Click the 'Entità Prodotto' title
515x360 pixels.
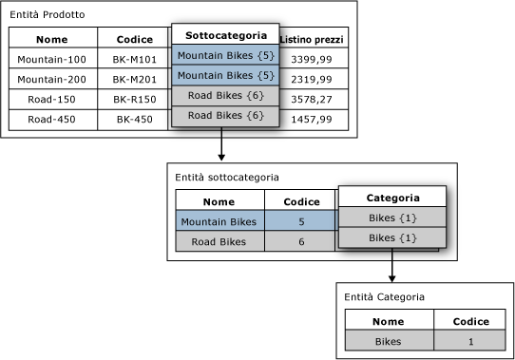[48, 14]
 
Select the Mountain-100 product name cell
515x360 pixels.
[53, 58]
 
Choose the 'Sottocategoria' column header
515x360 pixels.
[225, 34]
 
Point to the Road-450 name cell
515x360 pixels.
[53, 120]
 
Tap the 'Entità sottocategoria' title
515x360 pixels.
[227, 178]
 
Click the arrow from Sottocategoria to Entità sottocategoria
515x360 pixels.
[221, 143]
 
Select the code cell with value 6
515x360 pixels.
[300, 241]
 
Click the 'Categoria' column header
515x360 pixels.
[392, 197]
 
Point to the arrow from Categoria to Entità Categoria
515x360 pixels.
[391, 265]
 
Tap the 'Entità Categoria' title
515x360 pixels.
[384, 297]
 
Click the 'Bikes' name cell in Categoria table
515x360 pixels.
[390, 340]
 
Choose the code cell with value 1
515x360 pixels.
[469, 340]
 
